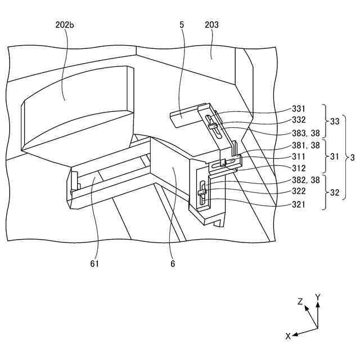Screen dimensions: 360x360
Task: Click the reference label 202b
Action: coord(65,25)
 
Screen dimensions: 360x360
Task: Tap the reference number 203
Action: coord(212,25)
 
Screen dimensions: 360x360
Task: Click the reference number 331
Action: coord(299,109)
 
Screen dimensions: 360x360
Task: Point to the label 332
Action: coord(299,120)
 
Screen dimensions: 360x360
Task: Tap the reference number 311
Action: coord(299,156)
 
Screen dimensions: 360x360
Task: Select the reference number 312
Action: coord(299,168)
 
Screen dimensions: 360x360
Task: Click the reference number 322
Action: coord(299,192)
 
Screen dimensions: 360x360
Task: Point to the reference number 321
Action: coord(299,204)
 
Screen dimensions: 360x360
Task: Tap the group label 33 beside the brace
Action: coord(334,120)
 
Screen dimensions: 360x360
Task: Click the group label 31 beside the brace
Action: coord(334,157)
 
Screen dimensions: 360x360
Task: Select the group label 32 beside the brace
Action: coord(334,192)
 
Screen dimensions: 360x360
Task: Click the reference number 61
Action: coord(94,263)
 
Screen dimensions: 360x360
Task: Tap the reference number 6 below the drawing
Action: coord(173,263)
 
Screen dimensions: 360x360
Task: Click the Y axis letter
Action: coord(318,296)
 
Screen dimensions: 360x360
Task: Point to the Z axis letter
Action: coord(300,301)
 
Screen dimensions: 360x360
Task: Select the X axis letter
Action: coord(288,336)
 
